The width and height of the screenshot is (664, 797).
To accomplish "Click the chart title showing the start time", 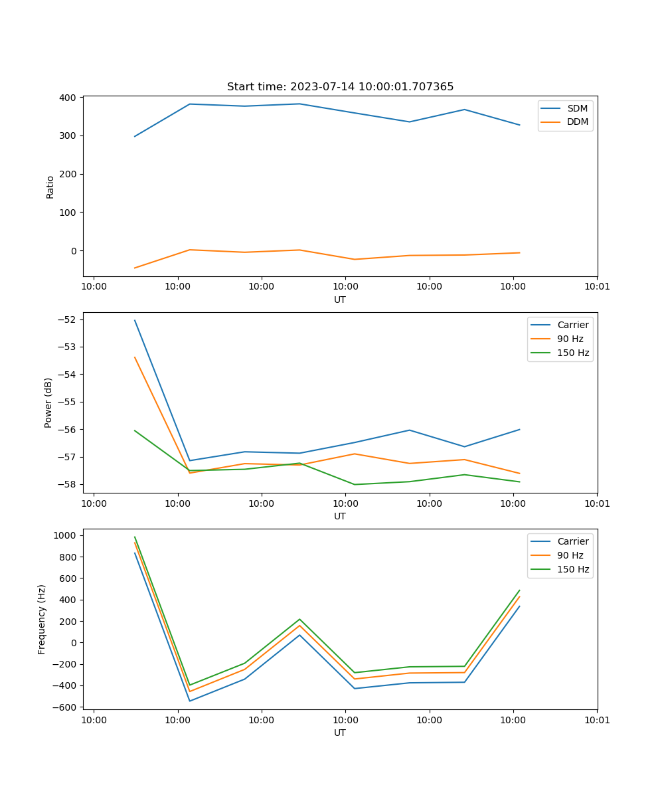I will click(340, 87).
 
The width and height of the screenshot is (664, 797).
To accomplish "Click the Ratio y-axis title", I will click(50, 187).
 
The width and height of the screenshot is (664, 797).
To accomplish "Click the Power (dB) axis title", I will click(49, 402).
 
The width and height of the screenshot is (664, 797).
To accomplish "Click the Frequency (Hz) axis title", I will click(42, 619).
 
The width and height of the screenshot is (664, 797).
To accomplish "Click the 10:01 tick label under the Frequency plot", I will click(596, 719).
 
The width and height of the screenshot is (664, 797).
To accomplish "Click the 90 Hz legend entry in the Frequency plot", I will click(570, 555).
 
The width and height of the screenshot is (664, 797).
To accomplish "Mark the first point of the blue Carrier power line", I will click(135, 320).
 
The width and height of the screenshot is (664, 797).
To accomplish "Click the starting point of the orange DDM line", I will click(135, 268).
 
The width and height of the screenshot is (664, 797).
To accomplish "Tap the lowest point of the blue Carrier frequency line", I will click(190, 701).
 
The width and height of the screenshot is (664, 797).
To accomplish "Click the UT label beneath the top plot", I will click(340, 300).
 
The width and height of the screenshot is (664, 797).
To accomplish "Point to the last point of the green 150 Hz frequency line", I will click(519, 590).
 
